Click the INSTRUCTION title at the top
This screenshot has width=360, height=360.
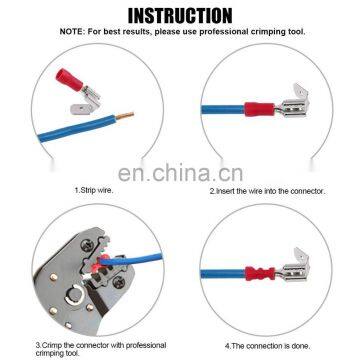tap(180, 14)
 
